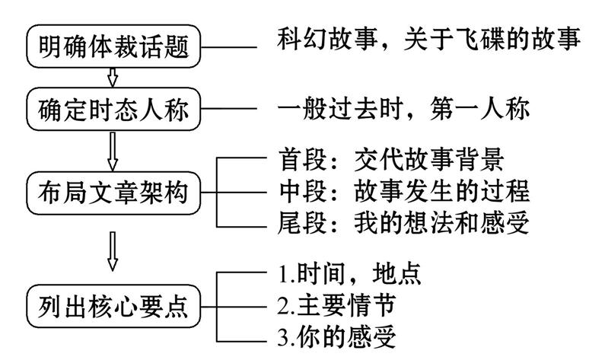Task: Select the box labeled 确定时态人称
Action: [x=114, y=111]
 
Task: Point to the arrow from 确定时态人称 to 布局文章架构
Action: [x=114, y=151]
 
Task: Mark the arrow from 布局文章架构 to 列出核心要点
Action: [x=114, y=250]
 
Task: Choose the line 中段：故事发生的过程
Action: [x=400, y=192]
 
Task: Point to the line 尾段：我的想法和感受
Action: [x=400, y=224]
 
